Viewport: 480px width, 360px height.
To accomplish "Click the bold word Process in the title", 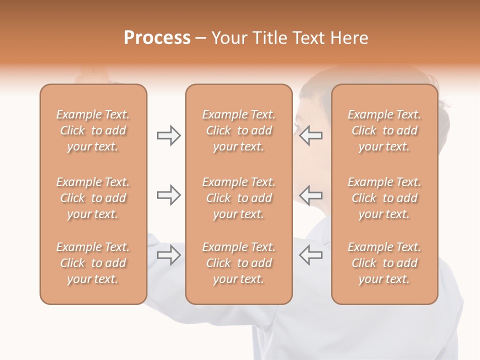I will point(157,38).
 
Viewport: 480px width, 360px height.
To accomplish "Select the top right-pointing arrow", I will point(168,135).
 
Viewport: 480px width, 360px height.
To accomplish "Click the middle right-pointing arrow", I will point(168,195).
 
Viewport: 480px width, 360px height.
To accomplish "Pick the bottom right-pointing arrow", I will point(168,255).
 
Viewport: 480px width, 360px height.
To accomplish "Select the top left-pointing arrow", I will point(311,135).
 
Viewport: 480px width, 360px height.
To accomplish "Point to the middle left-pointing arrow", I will point(311,195).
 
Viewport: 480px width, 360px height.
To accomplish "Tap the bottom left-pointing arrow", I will point(311,255).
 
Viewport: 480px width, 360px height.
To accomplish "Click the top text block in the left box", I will point(93,130).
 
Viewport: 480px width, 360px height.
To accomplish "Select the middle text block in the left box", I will point(93,198).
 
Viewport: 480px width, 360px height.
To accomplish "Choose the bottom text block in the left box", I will point(93,263).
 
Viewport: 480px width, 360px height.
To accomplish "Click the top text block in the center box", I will point(239,130).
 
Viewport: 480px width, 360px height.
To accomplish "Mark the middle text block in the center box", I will point(239,198).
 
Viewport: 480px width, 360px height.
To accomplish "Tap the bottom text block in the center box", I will point(239,263).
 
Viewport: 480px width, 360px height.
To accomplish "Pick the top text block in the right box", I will point(384,130).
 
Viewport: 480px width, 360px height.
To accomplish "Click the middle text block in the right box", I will point(384,198).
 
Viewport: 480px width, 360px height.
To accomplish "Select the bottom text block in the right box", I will point(384,263).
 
